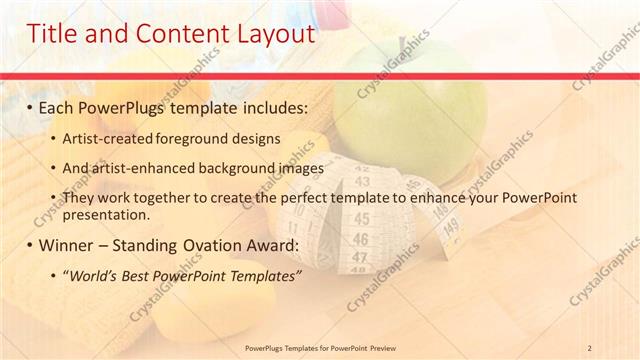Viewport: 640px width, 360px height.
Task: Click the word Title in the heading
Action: (x=56, y=34)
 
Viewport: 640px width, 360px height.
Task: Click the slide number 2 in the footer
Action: (x=590, y=347)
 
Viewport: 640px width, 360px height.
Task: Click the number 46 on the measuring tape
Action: (x=361, y=240)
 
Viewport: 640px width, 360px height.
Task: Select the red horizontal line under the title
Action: (x=320, y=75)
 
